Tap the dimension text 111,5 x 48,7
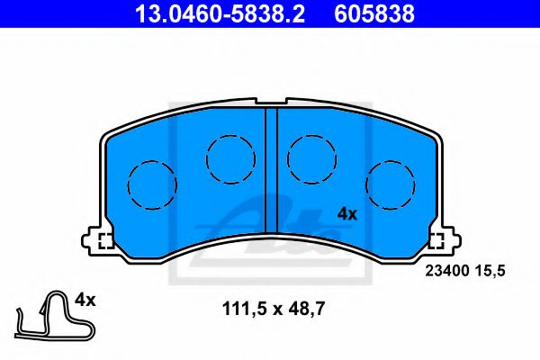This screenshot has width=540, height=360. tap(273, 310)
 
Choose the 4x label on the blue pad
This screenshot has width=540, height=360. tap(347, 214)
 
